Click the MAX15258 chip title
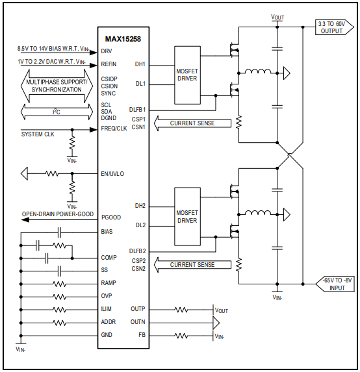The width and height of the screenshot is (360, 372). click(123, 39)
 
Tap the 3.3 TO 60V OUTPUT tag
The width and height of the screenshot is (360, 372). click(335, 27)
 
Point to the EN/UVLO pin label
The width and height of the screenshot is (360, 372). click(112, 174)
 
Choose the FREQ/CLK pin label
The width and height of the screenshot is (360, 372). click(114, 128)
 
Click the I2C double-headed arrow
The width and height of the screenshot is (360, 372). click(57, 112)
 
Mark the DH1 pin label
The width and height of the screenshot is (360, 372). click(140, 64)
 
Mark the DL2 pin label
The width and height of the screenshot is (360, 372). click(140, 225)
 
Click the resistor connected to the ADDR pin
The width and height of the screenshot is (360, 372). click(59, 322)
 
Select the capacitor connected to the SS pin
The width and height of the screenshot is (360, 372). click(59, 270)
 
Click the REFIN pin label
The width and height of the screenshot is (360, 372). click(109, 64)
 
